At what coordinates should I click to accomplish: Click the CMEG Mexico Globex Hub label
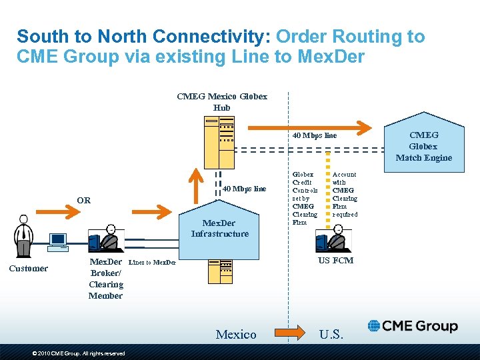pos(222,101)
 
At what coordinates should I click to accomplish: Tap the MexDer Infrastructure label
pos(219,228)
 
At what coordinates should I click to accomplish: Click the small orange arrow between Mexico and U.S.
pos(288,331)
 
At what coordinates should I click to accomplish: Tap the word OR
pos(83,200)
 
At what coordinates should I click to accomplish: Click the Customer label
pos(28,269)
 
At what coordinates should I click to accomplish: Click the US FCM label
pos(335,261)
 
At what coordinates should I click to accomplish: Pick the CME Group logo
pos(413,326)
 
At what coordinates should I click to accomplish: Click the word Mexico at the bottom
pos(236,334)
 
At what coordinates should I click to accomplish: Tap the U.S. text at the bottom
pos(331,334)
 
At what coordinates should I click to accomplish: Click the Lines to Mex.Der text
pos(152,263)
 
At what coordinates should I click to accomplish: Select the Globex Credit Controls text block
pos(305,198)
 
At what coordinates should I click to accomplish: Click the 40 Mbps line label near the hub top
pos(315,136)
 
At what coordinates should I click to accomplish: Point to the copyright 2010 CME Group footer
pos(79,353)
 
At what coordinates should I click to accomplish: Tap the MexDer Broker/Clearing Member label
pos(106,279)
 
